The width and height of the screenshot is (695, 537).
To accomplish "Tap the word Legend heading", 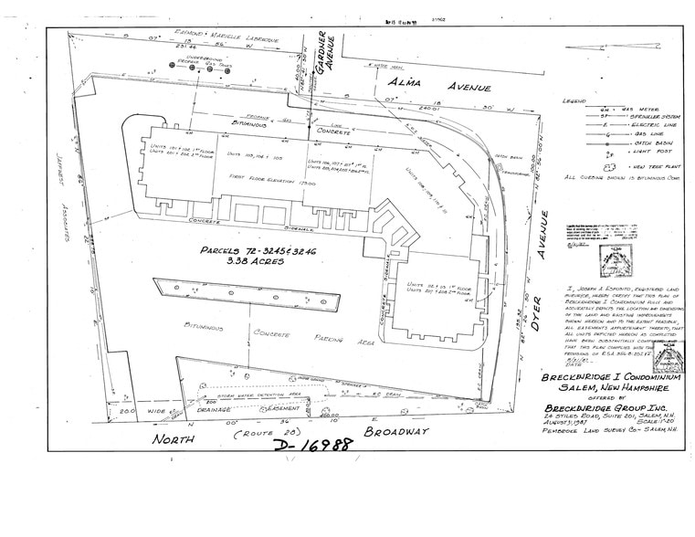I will [x=577, y=100].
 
